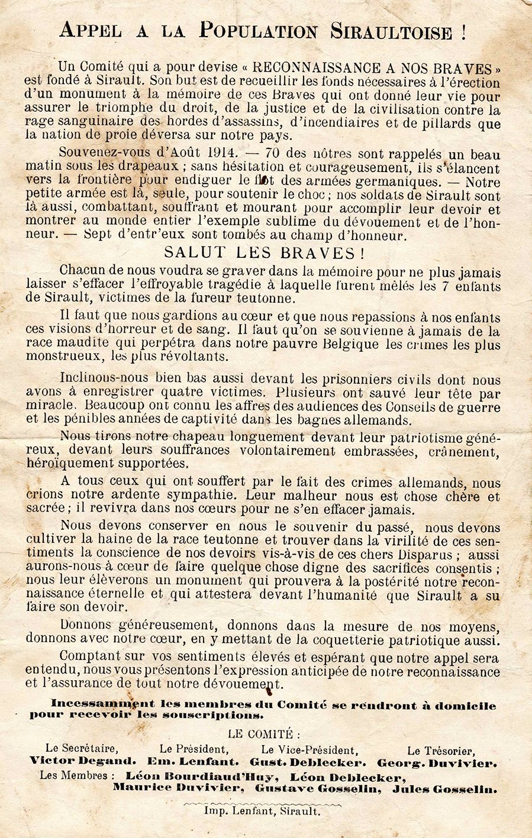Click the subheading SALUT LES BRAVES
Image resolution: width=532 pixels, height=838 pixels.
[263, 253]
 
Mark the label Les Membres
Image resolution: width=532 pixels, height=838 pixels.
[74, 776]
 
